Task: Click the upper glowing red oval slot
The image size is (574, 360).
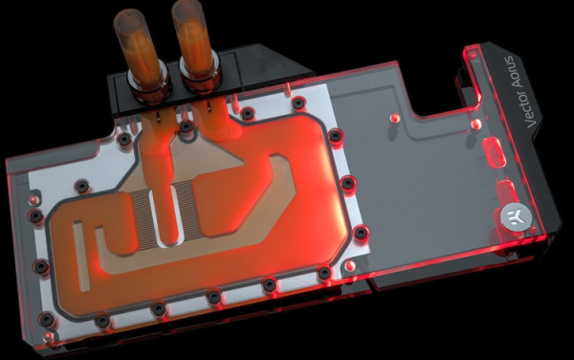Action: coord(494,152)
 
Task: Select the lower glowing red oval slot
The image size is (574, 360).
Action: coord(507,191)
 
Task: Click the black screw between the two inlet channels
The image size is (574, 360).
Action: coord(187,127)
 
